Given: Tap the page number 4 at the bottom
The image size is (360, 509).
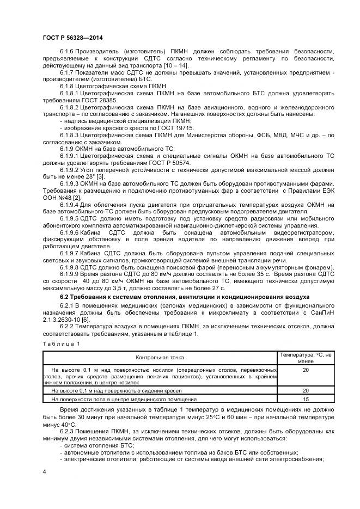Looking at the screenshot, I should [x=44, y=470].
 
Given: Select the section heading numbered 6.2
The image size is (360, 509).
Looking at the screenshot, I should [x=184, y=297].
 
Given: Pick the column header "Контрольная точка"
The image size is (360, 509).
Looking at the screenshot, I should [x=160, y=357].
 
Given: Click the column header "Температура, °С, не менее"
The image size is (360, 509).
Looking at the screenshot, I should [x=306, y=357].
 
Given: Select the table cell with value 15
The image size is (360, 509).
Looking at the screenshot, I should [x=306, y=399].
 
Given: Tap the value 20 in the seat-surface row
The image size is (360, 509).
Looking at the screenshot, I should [x=306, y=391].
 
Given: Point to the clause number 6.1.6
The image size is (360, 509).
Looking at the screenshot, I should [x=69, y=52].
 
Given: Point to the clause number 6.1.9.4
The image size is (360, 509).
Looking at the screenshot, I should [x=71, y=204].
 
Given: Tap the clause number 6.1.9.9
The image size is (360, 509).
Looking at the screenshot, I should [x=71, y=273].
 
